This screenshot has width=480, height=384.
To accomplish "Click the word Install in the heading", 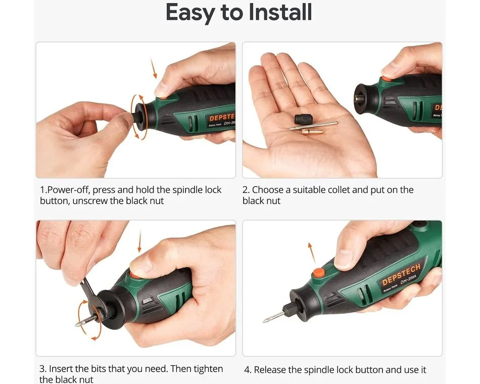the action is click(280, 12).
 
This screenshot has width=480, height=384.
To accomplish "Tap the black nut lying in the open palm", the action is click(302, 119).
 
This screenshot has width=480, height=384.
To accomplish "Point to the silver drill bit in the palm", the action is click(313, 126).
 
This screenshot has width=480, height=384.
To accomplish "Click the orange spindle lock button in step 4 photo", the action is click(318, 272).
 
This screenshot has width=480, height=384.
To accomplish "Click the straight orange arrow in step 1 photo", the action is click(154, 68).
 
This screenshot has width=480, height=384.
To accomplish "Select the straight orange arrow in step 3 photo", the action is click(139, 241).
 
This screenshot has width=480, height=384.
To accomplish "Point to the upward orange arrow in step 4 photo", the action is click(312, 253).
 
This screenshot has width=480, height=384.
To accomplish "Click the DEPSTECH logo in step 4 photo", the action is click(401, 275).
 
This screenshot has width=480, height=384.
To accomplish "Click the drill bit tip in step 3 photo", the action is click(76, 325).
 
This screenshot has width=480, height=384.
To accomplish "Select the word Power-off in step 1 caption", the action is click(69, 190).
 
